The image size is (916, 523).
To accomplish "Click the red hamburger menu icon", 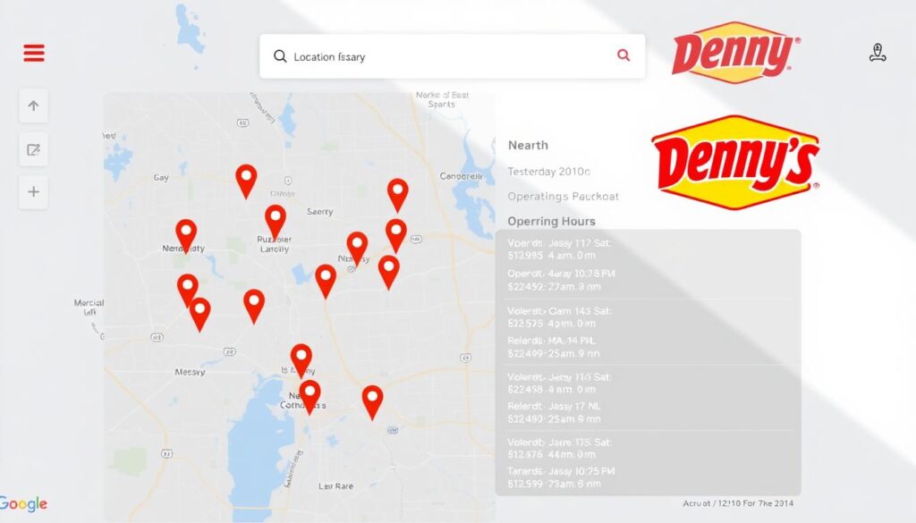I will (x=34, y=53).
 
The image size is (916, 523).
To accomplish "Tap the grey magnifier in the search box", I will (x=280, y=56).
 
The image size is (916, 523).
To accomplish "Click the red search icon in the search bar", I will (x=623, y=55).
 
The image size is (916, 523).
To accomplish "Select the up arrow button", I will (x=33, y=105).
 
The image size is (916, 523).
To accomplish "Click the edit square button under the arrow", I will (x=33, y=149).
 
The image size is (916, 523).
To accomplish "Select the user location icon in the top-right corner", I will (x=877, y=54).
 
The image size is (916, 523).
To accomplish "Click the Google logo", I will (x=24, y=504).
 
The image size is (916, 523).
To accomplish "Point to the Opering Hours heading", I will (x=551, y=221).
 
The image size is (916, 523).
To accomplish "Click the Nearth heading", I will (x=528, y=145).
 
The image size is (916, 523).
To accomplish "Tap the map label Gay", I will (x=161, y=178).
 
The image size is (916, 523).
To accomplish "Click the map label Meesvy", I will (x=190, y=372).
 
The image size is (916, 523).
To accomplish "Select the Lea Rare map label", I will (x=336, y=486).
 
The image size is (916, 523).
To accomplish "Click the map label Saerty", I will (x=319, y=212).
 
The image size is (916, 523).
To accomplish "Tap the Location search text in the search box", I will (x=329, y=57).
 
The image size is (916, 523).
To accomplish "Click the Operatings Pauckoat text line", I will (x=563, y=196).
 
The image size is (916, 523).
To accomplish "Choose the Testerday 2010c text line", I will (x=548, y=171).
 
